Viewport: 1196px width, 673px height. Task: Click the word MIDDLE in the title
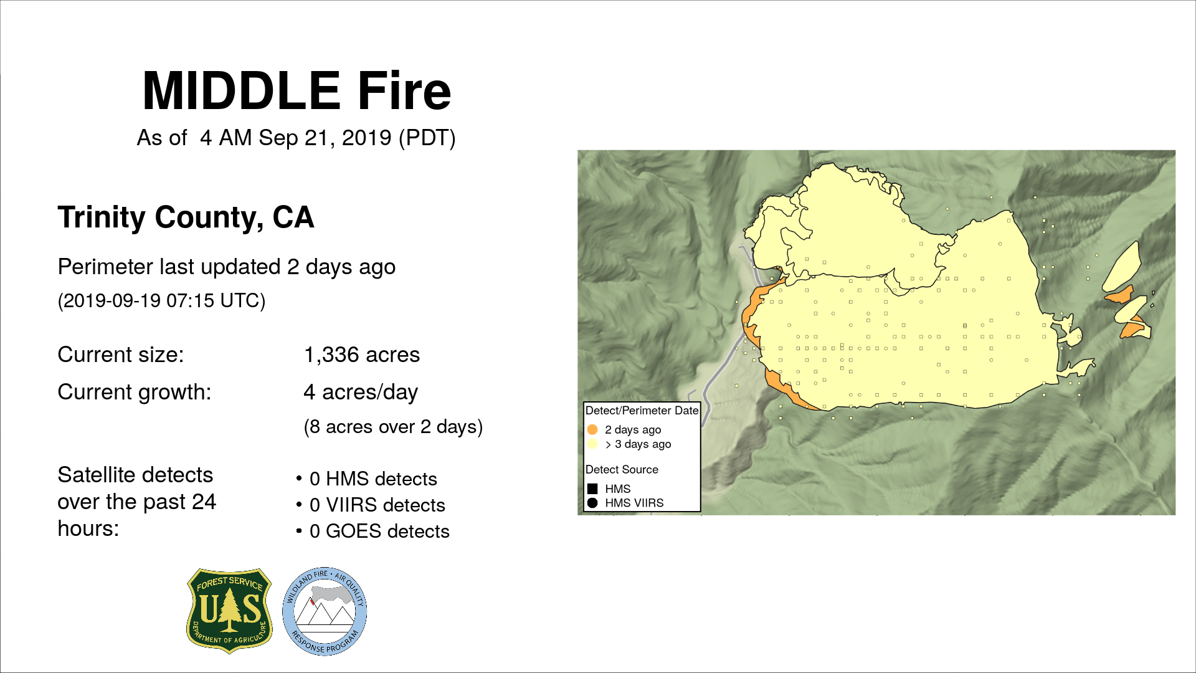click(241, 91)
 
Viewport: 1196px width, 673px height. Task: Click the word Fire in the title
click(404, 91)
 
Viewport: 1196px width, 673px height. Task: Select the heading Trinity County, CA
click(186, 217)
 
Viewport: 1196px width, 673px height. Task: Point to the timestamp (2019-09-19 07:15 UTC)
click(162, 300)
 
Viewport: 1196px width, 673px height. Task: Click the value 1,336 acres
click(362, 355)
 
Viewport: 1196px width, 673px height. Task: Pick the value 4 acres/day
click(361, 392)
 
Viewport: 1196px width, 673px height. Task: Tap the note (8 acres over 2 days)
click(393, 427)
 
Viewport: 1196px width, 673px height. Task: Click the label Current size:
click(121, 355)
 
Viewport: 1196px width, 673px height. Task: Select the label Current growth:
click(135, 392)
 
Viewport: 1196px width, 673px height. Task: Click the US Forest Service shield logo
click(230, 611)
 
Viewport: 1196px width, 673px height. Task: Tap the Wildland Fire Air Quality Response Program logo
click(325, 611)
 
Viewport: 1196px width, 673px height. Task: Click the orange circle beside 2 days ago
click(592, 429)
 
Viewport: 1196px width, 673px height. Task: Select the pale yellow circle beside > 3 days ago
click(592, 444)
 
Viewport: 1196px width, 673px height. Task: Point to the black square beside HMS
click(592, 489)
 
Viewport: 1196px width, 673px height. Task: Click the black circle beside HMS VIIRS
click(592, 503)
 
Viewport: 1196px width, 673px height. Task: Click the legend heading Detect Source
click(622, 469)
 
